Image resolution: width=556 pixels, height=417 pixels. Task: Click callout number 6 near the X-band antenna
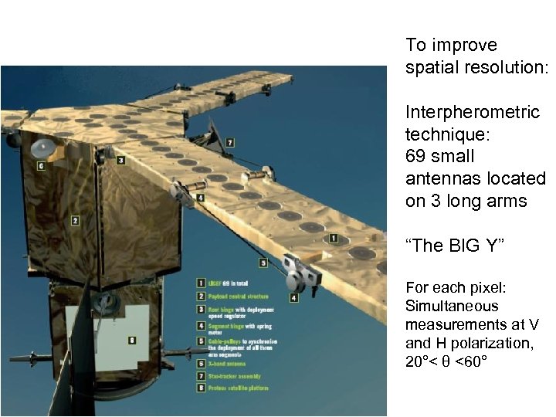coord(40,165)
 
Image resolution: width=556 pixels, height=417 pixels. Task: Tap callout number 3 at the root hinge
coord(121,160)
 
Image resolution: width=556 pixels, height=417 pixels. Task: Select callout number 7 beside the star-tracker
coord(230,143)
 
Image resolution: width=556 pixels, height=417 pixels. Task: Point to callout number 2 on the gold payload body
coord(75,220)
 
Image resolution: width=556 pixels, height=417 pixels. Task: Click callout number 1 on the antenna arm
coord(334,239)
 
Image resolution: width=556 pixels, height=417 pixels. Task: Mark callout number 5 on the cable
coord(263,263)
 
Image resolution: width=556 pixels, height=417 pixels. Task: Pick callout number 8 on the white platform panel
coord(132,339)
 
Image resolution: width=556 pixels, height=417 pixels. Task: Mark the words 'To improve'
coord(440,45)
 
